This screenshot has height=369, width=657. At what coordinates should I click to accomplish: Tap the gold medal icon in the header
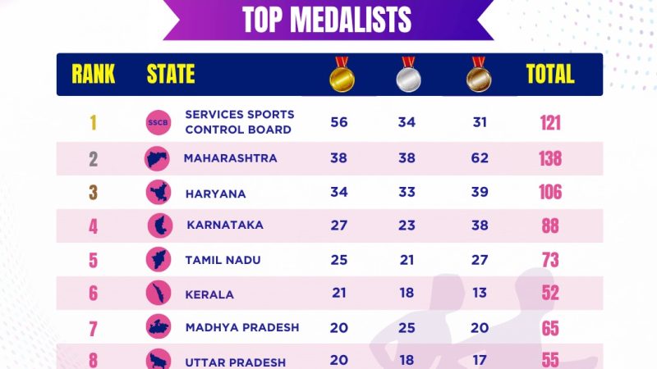pyautogui.click(x=342, y=75)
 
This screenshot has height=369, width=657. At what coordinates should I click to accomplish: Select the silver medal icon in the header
pyautogui.click(x=408, y=75)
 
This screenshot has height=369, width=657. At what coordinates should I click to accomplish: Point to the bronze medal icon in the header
pyautogui.click(x=478, y=75)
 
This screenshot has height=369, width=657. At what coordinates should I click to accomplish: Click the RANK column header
pyautogui.click(x=94, y=75)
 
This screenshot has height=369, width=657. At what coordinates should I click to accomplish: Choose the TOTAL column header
pyautogui.click(x=550, y=75)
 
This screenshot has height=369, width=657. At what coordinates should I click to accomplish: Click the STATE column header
pyautogui.click(x=171, y=75)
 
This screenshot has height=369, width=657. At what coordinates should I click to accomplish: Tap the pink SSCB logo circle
pyautogui.click(x=157, y=123)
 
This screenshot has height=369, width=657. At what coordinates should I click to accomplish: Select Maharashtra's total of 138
pyautogui.click(x=550, y=158)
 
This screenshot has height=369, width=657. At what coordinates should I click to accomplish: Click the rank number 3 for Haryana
pyautogui.click(x=94, y=193)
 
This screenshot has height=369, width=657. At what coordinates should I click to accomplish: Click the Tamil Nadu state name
pyautogui.click(x=223, y=260)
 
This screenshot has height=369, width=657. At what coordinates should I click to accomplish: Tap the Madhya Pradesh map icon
pyautogui.click(x=157, y=328)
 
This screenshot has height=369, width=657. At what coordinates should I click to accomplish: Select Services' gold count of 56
pyautogui.click(x=339, y=122)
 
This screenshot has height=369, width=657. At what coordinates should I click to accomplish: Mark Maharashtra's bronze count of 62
pyautogui.click(x=480, y=157)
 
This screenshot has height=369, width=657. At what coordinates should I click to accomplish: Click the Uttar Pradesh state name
pyautogui.click(x=235, y=362)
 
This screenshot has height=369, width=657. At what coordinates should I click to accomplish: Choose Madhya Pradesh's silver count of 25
pyautogui.click(x=407, y=328)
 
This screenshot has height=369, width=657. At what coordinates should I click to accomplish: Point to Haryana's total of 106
pyautogui.click(x=550, y=192)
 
